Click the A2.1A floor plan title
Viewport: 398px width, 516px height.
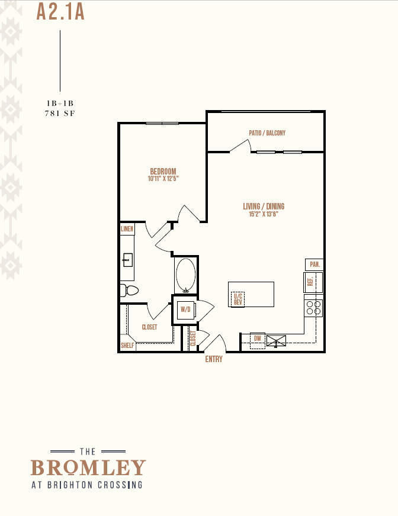tap(60, 12)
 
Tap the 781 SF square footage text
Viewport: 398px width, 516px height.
tap(60, 114)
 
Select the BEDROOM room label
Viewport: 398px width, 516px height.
tap(163, 172)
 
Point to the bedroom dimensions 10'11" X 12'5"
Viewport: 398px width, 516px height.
tap(163, 179)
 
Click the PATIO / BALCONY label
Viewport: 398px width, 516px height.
tap(267, 133)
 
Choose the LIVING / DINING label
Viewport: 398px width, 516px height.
tap(264, 207)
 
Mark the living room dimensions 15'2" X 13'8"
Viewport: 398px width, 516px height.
tap(264, 214)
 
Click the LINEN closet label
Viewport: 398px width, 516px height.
tap(127, 229)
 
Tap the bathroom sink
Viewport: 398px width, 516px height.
tap(128, 260)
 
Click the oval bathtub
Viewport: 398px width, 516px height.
tap(186, 275)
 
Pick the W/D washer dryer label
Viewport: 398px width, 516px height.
tap(185, 309)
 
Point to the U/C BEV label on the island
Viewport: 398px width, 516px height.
tap(238, 299)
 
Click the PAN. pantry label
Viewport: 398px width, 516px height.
tap(314, 265)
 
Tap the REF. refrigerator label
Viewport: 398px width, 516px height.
tap(310, 282)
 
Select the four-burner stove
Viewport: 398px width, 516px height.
tap(313, 308)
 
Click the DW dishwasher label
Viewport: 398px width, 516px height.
tap(257, 338)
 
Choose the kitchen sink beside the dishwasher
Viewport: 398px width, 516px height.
tap(276, 341)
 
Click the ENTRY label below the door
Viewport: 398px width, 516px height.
tap(214, 359)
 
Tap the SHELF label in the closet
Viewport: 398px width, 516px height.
tap(127, 345)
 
